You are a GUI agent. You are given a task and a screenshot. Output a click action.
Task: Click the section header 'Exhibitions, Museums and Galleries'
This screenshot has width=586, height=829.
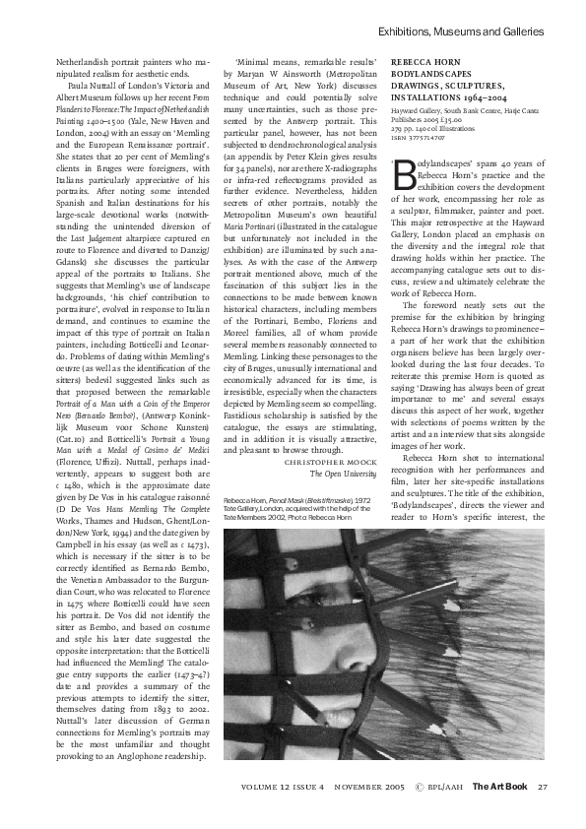(x=462, y=32)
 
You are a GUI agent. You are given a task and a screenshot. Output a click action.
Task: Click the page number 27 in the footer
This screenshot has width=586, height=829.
(x=542, y=787)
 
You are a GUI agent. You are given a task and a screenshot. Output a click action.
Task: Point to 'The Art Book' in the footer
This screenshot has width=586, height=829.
(x=500, y=787)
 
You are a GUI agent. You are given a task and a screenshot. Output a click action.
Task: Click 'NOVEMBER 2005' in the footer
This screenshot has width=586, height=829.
(x=368, y=787)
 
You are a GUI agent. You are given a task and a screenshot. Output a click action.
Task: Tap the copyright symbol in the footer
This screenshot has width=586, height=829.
(x=422, y=787)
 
